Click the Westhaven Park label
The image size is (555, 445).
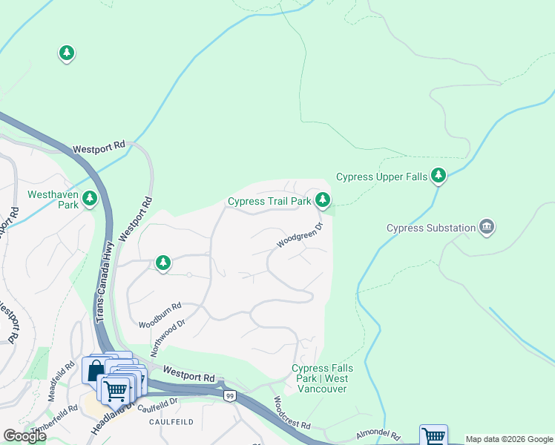(x=52, y=200)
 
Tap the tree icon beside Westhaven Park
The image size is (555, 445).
(x=90, y=198)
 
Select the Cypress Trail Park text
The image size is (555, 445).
(x=269, y=201)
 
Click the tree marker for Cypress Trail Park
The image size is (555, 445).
(x=322, y=199)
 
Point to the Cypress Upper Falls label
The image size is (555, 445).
(x=381, y=177)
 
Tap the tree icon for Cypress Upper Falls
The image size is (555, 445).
(x=439, y=175)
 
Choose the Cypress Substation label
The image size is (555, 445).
(x=430, y=228)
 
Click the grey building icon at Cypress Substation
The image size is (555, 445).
(x=487, y=226)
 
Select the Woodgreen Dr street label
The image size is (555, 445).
(x=301, y=236)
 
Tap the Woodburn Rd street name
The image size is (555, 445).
(x=160, y=315)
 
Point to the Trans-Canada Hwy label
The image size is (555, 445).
(x=105, y=281)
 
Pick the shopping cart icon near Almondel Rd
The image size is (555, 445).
(x=433, y=436)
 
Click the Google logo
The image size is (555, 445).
(x=24, y=436)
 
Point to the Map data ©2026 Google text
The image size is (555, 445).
(x=509, y=439)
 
